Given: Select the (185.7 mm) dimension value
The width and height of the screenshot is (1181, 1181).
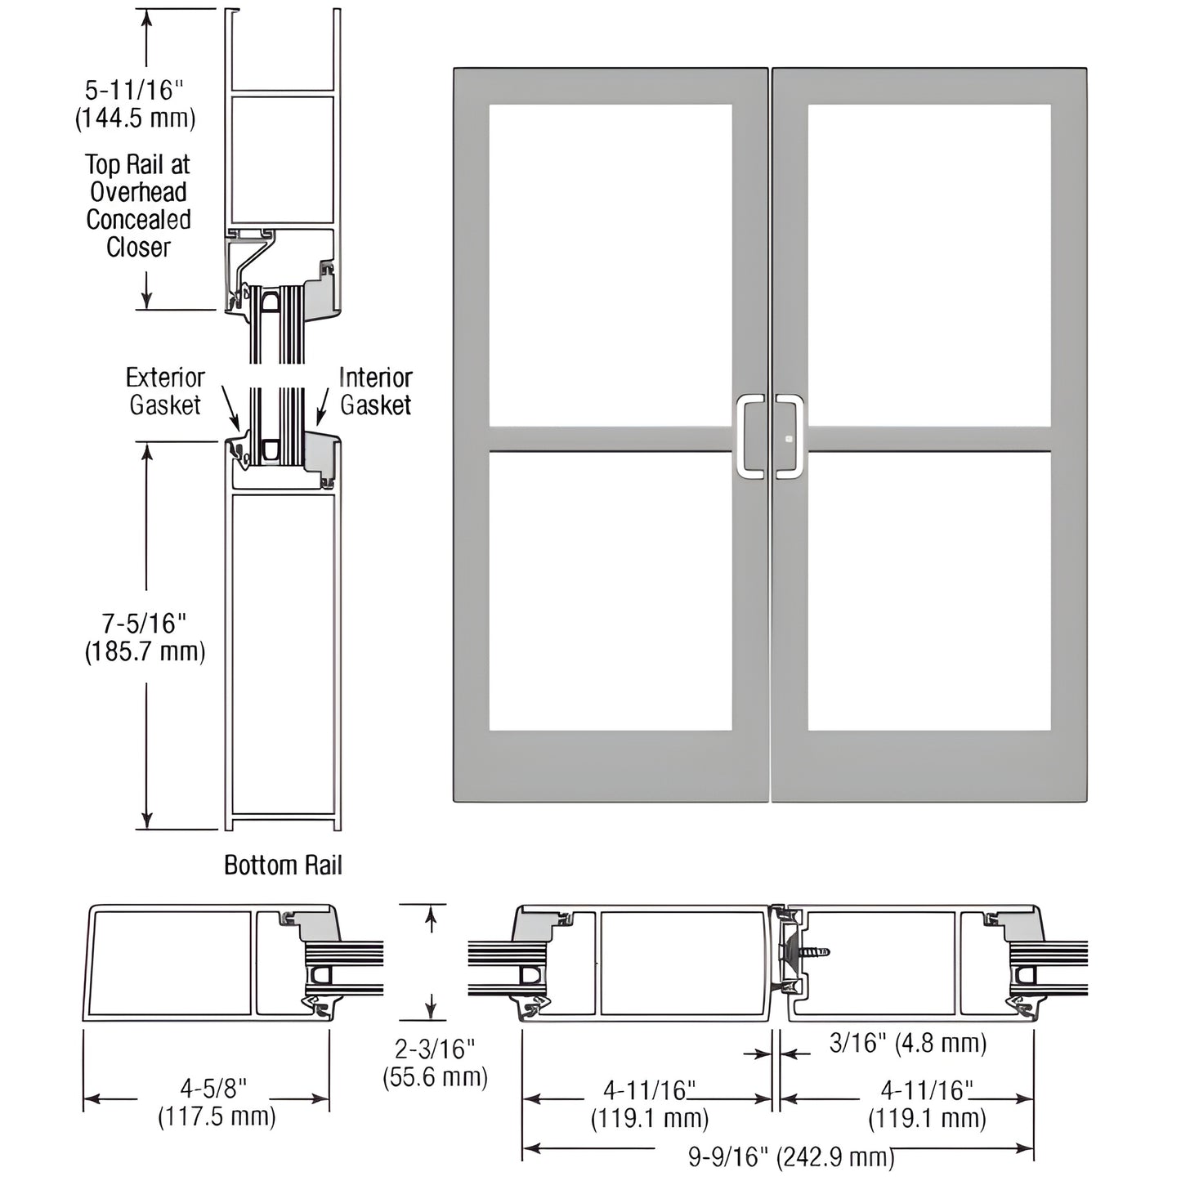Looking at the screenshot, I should [145, 652].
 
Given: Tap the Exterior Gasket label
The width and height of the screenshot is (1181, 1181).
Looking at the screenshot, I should [165, 391].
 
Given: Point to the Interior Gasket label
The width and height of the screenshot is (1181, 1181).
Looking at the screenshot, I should [375, 391].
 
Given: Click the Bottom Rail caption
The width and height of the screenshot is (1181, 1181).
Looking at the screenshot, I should [283, 866].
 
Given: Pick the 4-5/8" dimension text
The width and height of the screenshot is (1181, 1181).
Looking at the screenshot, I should [213, 1088].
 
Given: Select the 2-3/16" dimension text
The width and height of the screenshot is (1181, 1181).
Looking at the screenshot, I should [434, 1049].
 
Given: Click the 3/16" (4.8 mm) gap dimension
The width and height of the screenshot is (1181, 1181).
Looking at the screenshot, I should [908, 1043].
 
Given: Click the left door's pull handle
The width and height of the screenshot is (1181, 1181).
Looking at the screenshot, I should [749, 436].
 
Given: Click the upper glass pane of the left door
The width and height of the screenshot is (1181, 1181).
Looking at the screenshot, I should [611, 265].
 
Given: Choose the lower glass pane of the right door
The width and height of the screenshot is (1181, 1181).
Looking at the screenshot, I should [929, 590].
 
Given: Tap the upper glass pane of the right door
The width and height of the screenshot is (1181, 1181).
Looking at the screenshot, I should [929, 265].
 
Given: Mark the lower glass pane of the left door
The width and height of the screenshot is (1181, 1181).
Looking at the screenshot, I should [611, 590].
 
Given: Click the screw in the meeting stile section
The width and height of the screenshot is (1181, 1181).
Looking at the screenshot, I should [813, 951].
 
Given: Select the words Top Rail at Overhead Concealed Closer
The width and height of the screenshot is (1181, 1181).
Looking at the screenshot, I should [138, 206].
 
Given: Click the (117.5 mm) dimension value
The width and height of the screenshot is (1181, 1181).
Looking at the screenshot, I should [217, 1116].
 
